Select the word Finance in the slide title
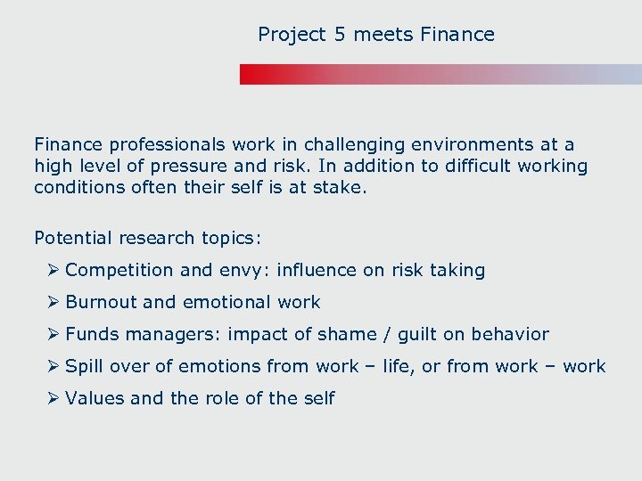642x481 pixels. (457, 35)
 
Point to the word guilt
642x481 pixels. (418, 334)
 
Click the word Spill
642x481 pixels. (85, 366)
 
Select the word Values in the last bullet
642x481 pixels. (95, 398)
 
